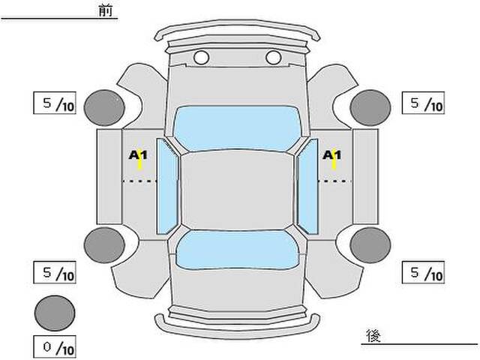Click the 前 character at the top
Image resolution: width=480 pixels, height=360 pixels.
point(106,10)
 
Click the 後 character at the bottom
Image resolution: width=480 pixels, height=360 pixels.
point(373,336)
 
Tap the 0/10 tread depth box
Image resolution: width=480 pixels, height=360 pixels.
point(55,347)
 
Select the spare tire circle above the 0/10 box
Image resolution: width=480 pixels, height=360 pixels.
point(55,313)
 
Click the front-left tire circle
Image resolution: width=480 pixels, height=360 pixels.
point(104,108)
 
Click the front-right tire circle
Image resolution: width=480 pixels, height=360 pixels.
point(370,108)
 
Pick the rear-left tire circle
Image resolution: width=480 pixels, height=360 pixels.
point(104,245)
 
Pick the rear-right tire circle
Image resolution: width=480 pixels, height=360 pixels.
point(370,245)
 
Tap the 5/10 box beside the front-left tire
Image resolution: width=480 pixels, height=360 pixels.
point(55,103)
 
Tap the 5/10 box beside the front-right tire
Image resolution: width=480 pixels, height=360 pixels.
point(423,103)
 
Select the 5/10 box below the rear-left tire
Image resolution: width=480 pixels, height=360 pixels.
point(55,272)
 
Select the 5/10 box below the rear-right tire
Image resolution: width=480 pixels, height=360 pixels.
point(423,272)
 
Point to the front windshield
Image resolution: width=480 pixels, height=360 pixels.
point(237,128)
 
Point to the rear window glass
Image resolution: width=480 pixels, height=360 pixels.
point(237,250)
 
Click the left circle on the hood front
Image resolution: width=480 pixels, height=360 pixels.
point(201,58)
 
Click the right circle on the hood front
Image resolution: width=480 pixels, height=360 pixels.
point(273,58)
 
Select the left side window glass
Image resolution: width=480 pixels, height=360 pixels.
point(167,186)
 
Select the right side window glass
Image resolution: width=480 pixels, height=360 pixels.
point(307,186)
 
